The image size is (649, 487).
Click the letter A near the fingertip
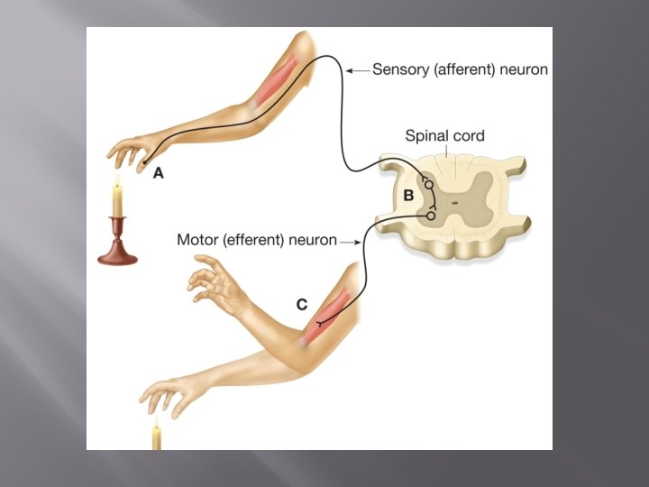coord(159,173)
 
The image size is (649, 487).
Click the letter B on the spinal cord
coord(408,196)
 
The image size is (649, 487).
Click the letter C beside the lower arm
coord(302,304)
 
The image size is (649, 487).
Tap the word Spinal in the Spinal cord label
coord(425,136)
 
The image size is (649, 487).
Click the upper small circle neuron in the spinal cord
coord(429,185)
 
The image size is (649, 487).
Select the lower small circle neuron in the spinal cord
coord(431,216)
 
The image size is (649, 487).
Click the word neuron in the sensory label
coord(526,69)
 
